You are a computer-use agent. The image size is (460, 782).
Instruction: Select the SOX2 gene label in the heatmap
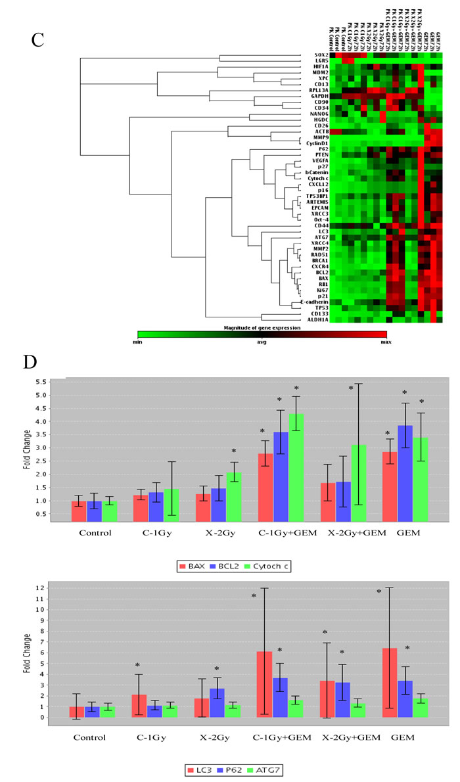pyautogui.click(x=312, y=56)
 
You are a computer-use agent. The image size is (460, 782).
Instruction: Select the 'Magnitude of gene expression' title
pyautogui.click(x=262, y=327)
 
